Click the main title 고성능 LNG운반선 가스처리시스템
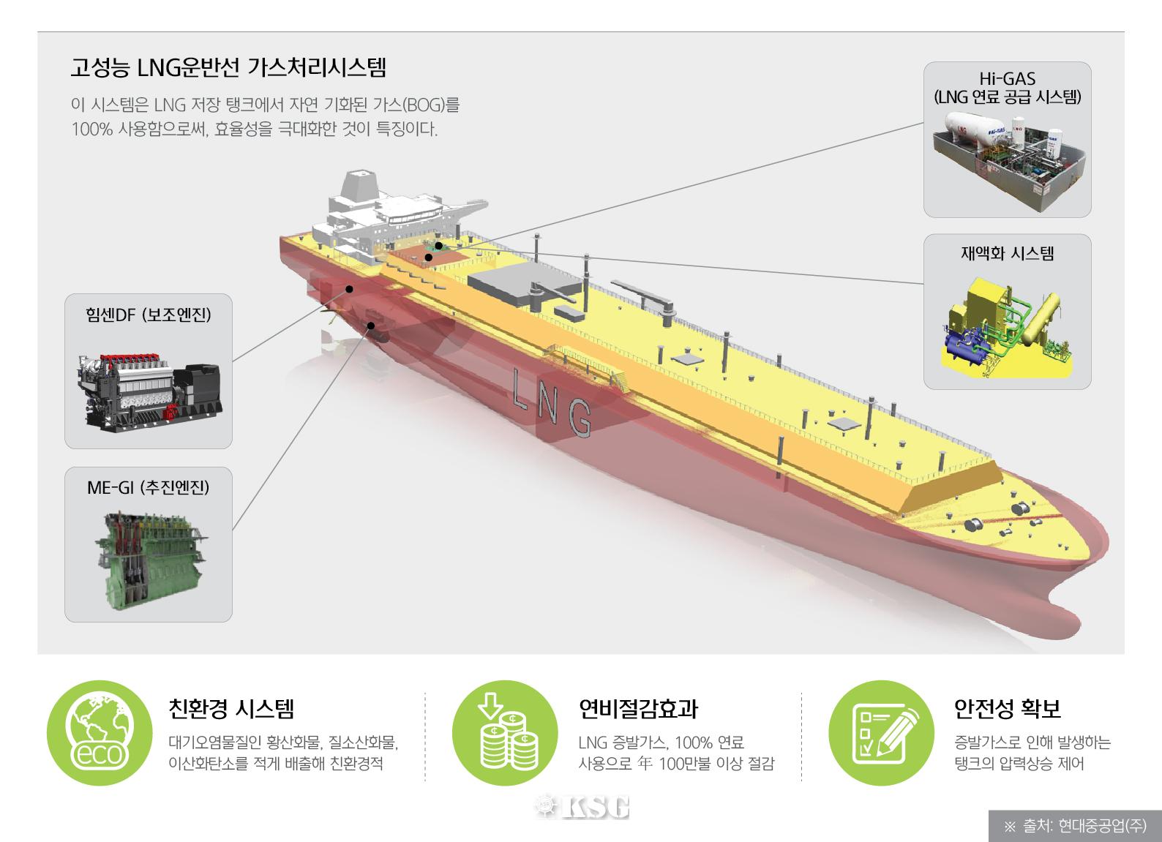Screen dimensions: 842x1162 (x=228, y=68)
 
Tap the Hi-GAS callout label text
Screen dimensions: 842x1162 (x=1007, y=87)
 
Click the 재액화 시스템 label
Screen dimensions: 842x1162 (x=1007, y=254)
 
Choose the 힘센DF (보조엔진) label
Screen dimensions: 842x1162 (x=149, y=315)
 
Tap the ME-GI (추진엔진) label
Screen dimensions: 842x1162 (x=149, y=487)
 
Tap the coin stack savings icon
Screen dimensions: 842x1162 (x=505, y=733)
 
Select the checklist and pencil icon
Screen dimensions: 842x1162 (x=881, y=733)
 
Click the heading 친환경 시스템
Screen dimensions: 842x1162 (x=231, y=708)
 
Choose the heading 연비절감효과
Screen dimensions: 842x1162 (x=638, y=708)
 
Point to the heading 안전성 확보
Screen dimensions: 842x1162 (x=1008, y=708)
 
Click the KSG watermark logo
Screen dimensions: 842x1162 (x=582, y=806)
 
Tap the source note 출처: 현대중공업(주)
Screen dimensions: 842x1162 (x=1075, y=826)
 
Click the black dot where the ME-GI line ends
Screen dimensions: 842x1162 (x=372, y=326)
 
